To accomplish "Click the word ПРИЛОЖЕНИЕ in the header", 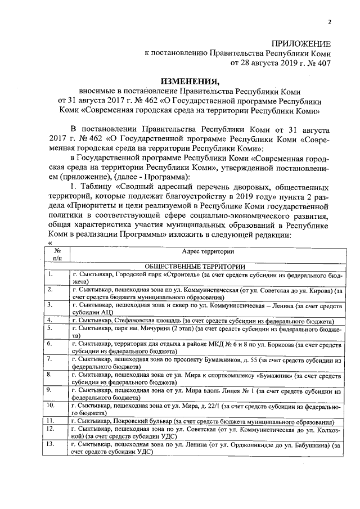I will (x=301, y=44).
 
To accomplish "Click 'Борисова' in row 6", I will (x=261, y=343).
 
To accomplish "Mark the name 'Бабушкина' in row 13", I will (x=310, y=445).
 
